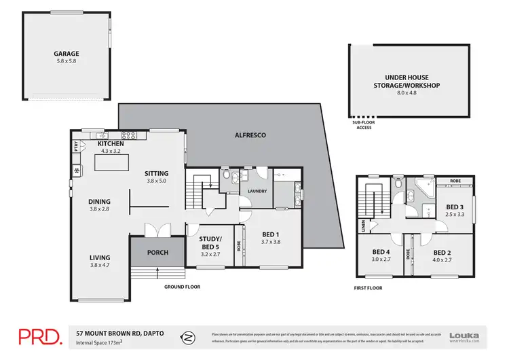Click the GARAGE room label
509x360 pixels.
tap(67, 53)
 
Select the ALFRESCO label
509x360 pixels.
tap(251, 136)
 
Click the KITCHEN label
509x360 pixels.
tap(111, 145)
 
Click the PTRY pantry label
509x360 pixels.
tap(75, 145)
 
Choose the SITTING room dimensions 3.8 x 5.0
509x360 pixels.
tap(156, 181)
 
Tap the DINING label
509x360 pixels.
tap(99, 201)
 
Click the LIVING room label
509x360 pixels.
tap(99, 257)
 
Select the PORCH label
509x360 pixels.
tap(157, 253)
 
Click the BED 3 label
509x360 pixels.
tap(455, 206)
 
